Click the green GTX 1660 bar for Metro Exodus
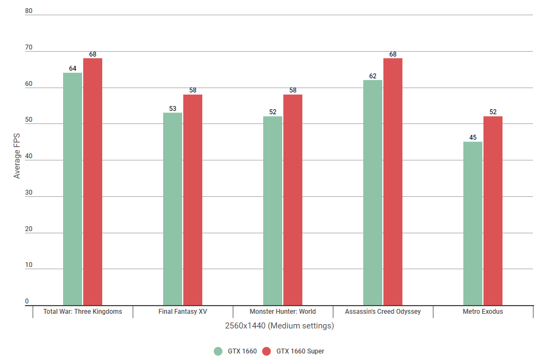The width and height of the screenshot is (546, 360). [473, 224]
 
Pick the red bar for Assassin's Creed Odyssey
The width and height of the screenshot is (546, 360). [393, 182]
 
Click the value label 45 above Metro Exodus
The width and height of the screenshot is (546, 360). [473, 137]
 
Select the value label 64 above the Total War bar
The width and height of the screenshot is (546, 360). [72, 69]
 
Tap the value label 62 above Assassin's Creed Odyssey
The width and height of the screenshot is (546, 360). [373, 76]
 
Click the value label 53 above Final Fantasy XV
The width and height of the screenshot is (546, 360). [172, 108]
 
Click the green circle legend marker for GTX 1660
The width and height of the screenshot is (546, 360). [219, 351]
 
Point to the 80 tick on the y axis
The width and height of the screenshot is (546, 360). [29, 11]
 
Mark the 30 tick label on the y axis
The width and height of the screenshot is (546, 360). [29, 193]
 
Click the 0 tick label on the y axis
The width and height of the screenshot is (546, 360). [27, 301]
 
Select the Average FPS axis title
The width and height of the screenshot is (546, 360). [17, 157]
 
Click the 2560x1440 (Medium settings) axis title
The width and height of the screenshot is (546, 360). [279, 326]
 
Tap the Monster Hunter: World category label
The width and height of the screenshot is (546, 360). [282, 312]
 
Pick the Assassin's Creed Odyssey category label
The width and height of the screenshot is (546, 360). [383, 312]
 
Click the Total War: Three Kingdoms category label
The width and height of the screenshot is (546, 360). [83, 312]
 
